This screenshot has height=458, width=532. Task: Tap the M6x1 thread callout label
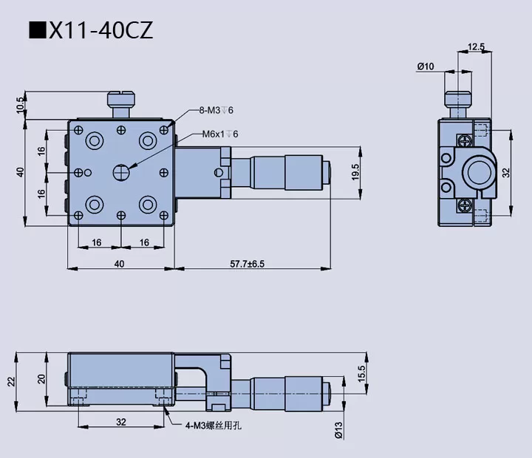(220, 134)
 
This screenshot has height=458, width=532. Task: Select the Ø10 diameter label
(425, 66)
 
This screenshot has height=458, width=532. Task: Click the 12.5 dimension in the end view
(477, 47)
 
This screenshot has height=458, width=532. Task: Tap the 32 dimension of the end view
(506, 172)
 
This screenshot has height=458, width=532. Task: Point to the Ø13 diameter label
(338, 430)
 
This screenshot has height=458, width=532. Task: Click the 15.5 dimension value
(361, 375)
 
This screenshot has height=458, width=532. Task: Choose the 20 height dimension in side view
(42, 378)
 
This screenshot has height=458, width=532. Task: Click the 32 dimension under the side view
(121, 422)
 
